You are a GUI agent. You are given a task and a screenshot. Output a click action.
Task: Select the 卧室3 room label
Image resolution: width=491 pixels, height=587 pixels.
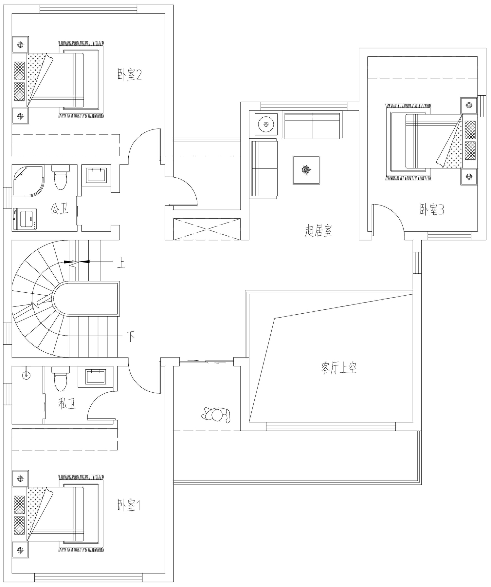click(x=432, y=209)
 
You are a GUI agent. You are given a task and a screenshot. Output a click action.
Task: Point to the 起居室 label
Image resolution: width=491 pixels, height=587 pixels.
click(x=318, y=231)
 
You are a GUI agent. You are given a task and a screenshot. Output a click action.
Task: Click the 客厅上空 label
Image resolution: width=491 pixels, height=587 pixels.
click(x=338, y=368)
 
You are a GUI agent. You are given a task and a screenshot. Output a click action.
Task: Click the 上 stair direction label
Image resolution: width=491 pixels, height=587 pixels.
click(x=121, y=263)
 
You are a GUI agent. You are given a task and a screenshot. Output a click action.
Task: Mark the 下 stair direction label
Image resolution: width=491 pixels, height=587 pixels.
click(x=131, y=337)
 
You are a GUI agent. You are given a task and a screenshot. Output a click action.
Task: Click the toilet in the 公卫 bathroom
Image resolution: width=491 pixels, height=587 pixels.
click(x=61, y=177)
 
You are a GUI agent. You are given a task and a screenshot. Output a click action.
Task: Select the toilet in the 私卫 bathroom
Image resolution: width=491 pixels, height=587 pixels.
click(x=61, y=379)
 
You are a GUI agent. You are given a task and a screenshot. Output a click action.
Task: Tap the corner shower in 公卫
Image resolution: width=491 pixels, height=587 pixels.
click(x=28, y=181)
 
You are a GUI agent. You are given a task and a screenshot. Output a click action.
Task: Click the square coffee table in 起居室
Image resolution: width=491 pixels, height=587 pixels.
click(x=306, y=170)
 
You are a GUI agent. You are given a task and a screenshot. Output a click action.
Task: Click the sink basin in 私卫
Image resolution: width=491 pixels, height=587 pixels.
click(x=96, y=377)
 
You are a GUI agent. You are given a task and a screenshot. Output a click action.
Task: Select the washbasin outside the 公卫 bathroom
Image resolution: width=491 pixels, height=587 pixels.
click(x=96, y=175)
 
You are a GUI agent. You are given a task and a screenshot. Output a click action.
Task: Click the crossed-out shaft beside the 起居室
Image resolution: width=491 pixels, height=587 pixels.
click(x=207, y=229)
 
